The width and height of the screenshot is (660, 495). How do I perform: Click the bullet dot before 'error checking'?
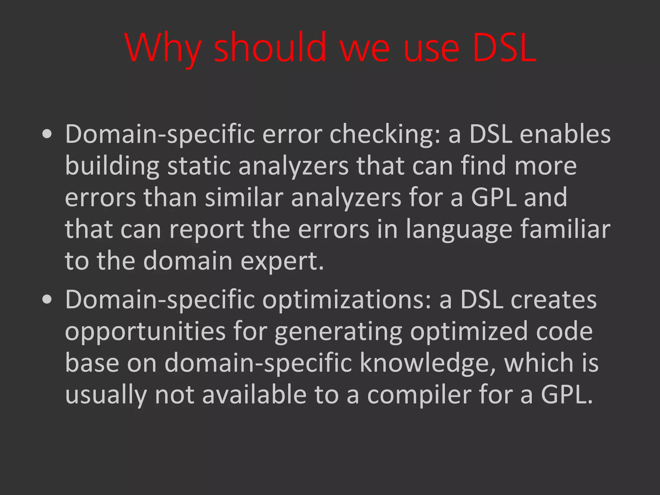click(47, 135)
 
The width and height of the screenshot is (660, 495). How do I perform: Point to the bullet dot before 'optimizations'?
click(47, 300)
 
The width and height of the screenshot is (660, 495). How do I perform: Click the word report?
click(207, 229)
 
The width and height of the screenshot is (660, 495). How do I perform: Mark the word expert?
click(282, 261)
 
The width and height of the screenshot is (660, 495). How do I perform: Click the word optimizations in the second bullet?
click(347, 300)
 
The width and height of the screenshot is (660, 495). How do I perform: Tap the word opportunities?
click(145, 332)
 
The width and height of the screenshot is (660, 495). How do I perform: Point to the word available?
click(254, 394)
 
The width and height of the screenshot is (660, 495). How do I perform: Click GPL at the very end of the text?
click(567, 394)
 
